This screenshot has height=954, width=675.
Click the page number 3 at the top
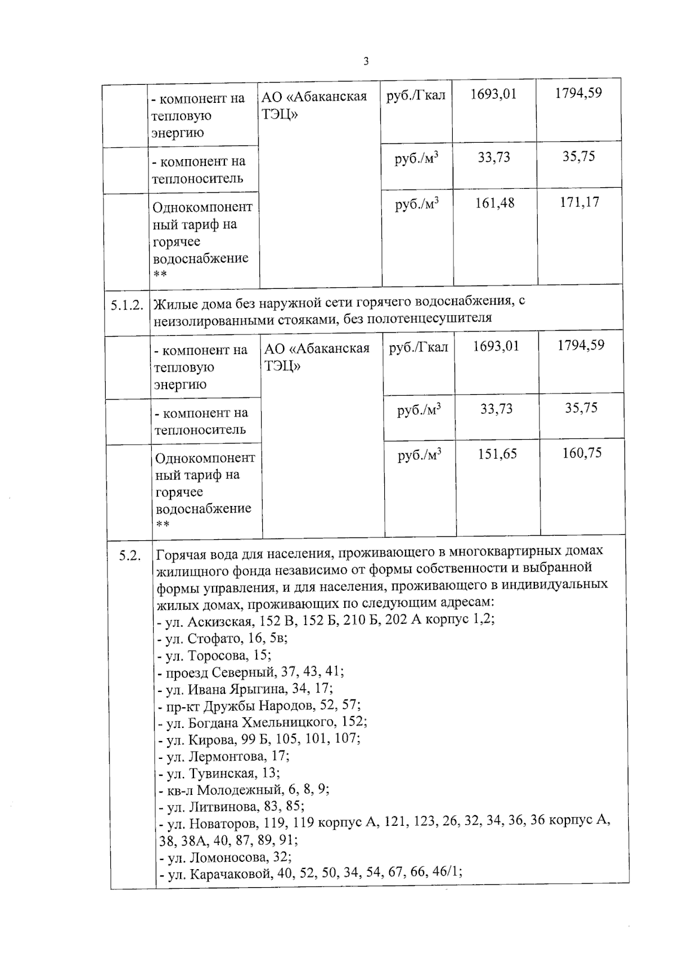pyautogui.click(x=366, y=61)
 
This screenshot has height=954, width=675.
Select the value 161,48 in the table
pyautogui.click(x=495, y=203)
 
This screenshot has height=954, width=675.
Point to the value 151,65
pyautogui.click(x=497, y=454)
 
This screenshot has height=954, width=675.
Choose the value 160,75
pyautogui.click(x=582, y=453)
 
